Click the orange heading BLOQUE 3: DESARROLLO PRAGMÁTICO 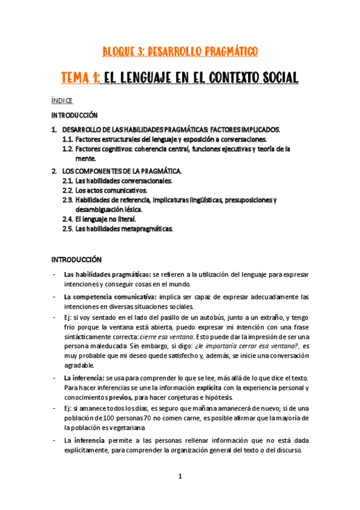click(180, 52)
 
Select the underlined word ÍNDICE click(62, 101)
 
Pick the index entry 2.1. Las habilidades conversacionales click(117, 180)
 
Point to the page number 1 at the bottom click(180, 476)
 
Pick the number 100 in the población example click(100, 417)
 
